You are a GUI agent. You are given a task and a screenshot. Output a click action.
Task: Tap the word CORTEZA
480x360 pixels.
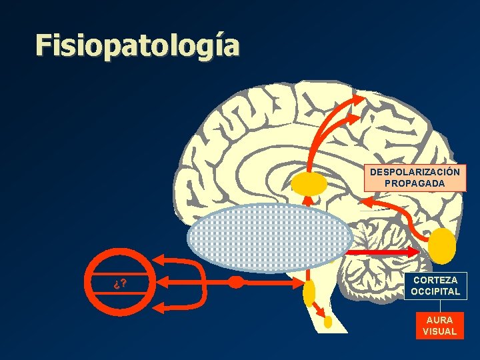point(435,281)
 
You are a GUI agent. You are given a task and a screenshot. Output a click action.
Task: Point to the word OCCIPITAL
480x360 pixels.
point(435,291)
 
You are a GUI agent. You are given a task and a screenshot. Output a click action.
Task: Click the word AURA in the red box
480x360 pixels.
point(439,320)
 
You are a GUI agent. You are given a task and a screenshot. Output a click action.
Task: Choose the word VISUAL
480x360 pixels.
point(439,331)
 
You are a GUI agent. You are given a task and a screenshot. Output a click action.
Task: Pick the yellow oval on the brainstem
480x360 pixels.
point(309,291)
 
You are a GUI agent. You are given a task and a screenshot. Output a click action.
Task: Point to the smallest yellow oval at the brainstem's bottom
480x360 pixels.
point(328,321)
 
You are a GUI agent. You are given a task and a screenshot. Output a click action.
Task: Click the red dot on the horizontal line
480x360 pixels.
point(235,281)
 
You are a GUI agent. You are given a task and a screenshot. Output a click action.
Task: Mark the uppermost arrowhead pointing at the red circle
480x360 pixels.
point(159,261)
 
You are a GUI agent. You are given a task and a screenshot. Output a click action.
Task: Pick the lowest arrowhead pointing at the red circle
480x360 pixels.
point(159,307)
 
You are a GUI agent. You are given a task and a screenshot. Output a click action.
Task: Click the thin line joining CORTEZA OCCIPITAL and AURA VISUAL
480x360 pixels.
point(439,305)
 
